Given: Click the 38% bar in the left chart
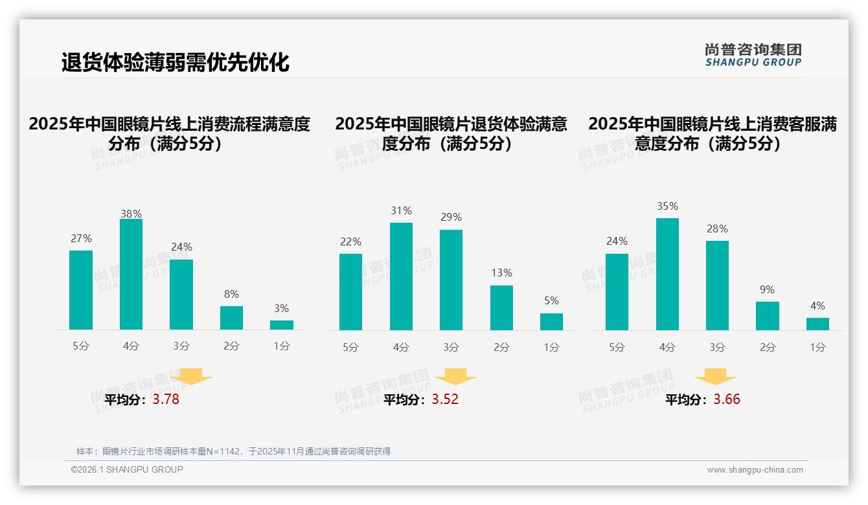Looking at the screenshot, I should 131,275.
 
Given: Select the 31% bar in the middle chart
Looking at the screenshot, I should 401,276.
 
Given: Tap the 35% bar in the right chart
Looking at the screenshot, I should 667,274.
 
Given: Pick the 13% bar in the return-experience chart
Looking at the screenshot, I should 501,308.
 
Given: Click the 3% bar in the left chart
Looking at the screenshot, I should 282,325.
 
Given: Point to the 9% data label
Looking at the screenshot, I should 767,289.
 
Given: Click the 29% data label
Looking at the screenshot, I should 451,218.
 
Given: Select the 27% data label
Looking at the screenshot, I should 81,238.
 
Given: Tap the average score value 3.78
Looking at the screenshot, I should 166,399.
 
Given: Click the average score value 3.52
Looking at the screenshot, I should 445,399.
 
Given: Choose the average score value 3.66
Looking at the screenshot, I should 727,399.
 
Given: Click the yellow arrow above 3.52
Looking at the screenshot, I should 455,376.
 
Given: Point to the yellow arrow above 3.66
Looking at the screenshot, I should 715,376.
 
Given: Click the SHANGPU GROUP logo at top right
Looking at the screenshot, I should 753,55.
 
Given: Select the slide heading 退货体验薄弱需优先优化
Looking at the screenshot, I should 175,63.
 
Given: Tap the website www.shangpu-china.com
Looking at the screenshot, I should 755,470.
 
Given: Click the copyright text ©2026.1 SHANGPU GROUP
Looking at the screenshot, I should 127,469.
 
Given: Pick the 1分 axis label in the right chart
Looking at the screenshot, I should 817,347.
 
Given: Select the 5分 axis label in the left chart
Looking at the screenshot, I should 81,346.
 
